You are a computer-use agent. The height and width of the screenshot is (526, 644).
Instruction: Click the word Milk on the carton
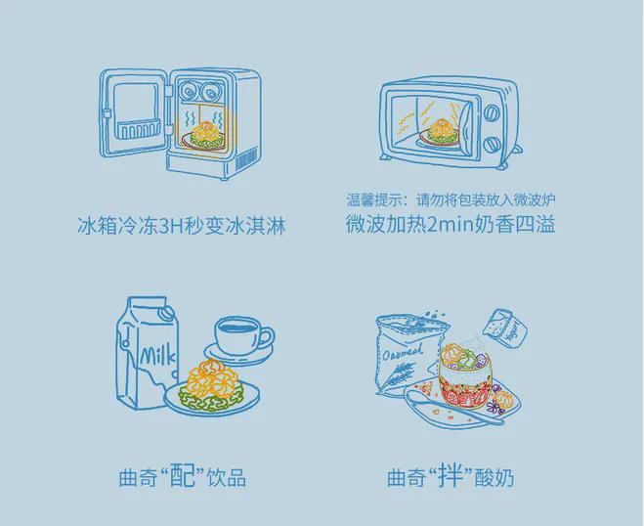158,355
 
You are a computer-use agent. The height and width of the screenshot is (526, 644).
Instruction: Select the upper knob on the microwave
493,113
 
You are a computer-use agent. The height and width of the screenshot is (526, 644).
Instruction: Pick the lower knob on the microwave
492,145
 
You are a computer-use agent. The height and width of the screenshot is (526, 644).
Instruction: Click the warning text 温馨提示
372,199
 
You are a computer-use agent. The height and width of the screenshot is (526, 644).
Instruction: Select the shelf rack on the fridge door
138,130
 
